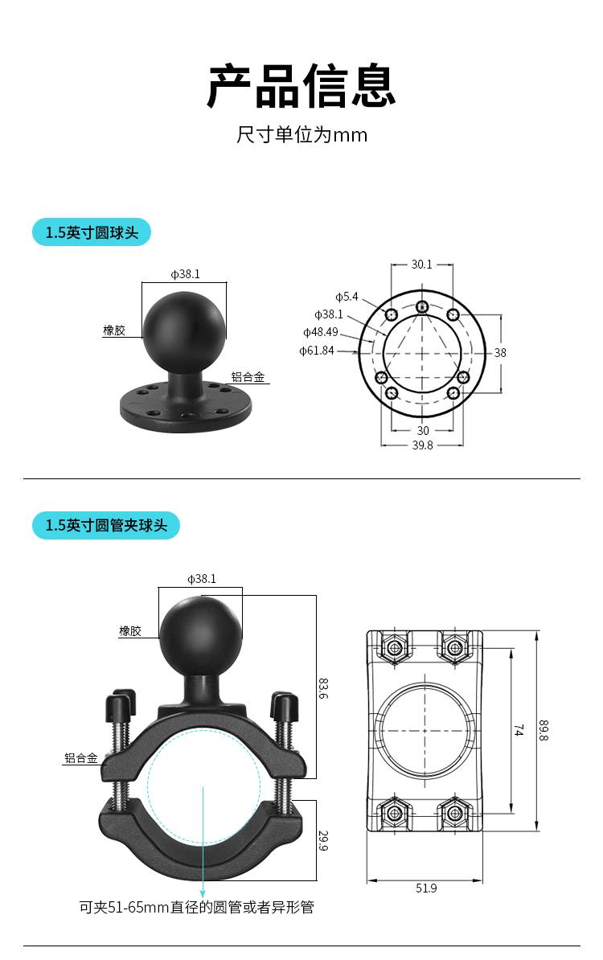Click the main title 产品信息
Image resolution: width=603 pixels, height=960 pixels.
[301, 86]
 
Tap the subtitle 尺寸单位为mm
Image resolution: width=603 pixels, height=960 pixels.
[301, 135]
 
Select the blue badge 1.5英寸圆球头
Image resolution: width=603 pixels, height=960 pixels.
[91, 232]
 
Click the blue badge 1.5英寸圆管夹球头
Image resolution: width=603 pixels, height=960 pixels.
[106, 525]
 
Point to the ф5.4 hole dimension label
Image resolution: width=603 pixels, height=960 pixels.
[347, 297]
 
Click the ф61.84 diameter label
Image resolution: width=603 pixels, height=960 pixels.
[317, 351]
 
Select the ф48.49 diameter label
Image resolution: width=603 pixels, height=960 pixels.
[320, 332]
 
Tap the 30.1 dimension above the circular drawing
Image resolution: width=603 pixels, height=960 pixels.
[422, 265]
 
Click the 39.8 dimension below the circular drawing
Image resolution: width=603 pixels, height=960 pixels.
[422, 445]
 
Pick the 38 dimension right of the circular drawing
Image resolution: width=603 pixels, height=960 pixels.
[500, 353]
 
